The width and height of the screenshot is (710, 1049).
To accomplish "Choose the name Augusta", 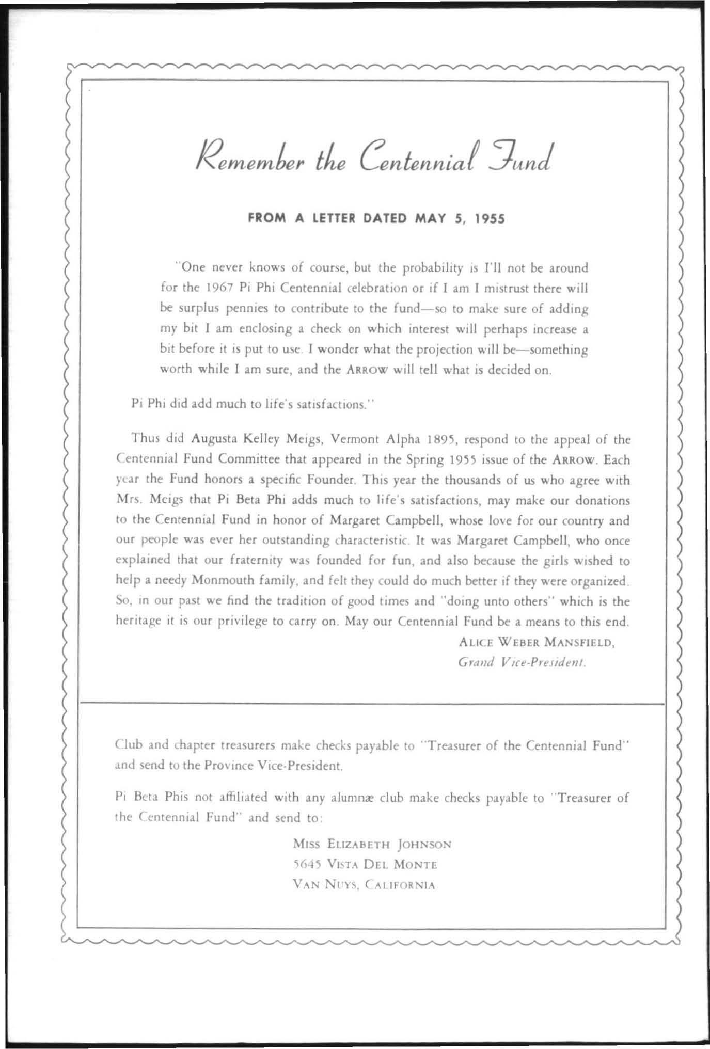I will [x=214, y=440].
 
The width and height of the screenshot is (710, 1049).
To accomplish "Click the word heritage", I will [x=138, y=622].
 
